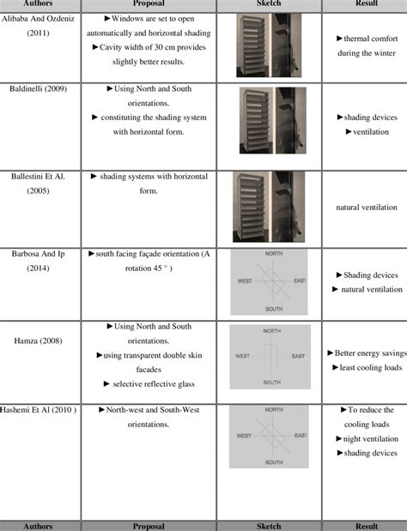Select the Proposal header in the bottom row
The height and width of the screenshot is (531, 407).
[x=148, y=525]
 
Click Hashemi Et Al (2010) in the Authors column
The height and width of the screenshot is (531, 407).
[x=41, y=411]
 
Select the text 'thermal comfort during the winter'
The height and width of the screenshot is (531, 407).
[x=367, y=46]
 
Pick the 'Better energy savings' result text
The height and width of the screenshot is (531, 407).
[x=367, y=353]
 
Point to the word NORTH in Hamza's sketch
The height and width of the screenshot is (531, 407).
[x=272, y=330]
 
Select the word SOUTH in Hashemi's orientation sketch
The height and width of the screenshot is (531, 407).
[x=272, y=462]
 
